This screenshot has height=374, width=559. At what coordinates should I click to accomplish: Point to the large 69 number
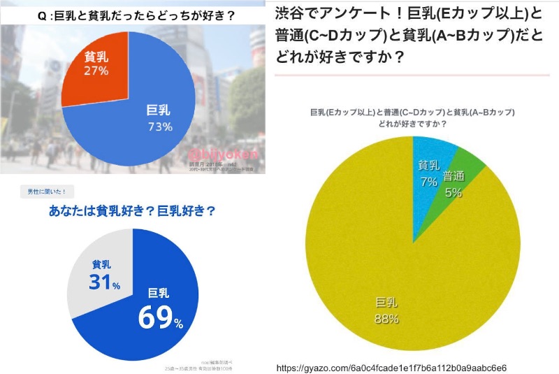[x=156, y=317]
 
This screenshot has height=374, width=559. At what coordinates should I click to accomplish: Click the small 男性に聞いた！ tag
[x=47, y=191]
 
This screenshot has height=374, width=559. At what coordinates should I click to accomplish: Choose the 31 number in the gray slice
[x=101, y=282]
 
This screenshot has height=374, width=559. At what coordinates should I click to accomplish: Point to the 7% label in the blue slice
[x=427, y=181]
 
